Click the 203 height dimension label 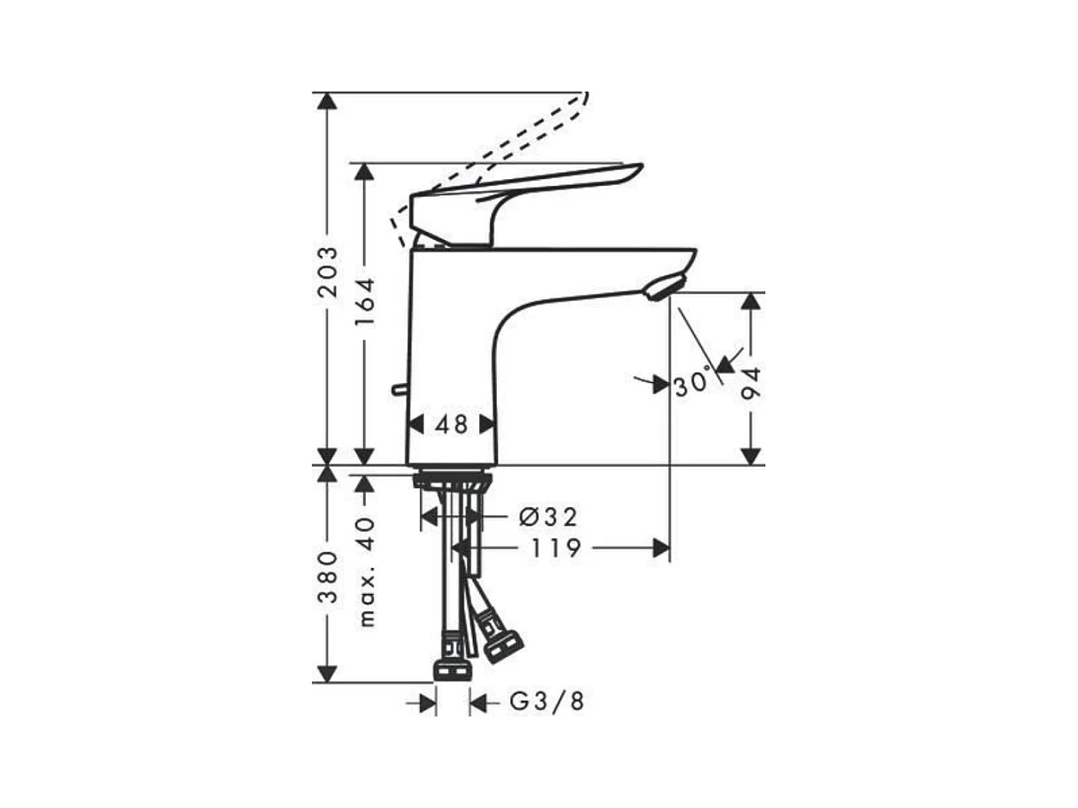coord(327,272)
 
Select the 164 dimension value coord(365,302)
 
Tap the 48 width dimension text coord(452,424)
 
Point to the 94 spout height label coord(751,383)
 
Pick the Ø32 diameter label coord(548,517)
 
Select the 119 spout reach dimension coord(556,548)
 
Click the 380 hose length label coord(327,578)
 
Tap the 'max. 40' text coord(367,572)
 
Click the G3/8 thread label coord(547,703)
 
